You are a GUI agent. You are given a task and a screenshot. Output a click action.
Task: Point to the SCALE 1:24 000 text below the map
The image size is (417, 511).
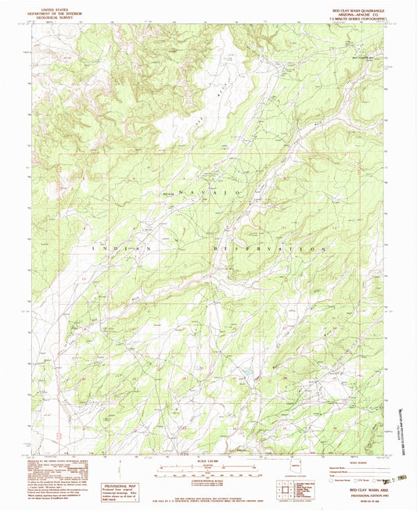click(x=208, y=459)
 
